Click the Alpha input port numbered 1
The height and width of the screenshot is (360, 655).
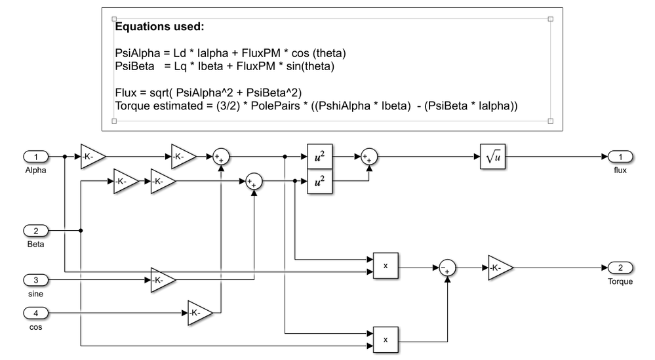(x=36, y=157)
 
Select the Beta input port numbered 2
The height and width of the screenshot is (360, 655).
(x=36, y=230)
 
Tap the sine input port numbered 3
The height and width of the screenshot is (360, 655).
(x=36, y=280)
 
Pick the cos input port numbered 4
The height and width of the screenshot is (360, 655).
(x=36, y=313)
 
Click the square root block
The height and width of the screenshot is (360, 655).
(x=490, y=157)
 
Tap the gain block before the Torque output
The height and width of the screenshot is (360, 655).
(x=500, y=268)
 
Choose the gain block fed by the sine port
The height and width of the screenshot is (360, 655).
(x=163, y=280)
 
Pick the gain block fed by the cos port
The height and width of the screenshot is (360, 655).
(x=200, y=313)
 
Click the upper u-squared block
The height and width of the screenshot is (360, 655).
(x=319, y=157)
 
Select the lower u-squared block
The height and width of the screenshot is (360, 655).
(x=319, y=182)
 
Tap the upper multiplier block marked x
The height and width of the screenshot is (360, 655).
(x=386, y=266)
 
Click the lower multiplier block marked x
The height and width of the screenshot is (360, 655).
(x=386, y=340)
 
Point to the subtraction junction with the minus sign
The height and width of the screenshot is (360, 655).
(x=447, y=268)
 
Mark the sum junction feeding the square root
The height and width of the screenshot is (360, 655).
(x=369, y=157)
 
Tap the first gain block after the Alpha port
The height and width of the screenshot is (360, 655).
(x=92, y=157)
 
